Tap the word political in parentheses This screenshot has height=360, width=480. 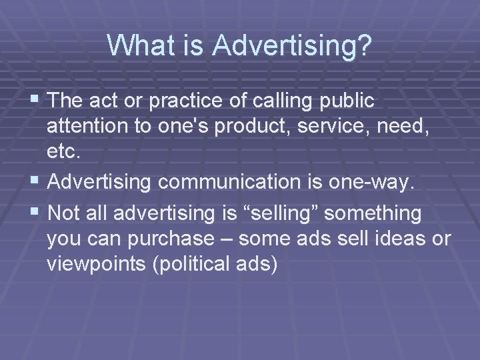pos(195,265)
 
